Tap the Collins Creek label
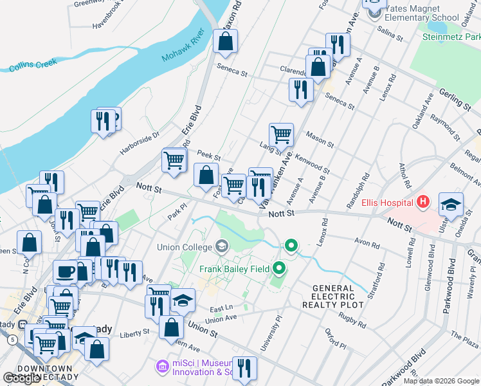click(x=33, y=65)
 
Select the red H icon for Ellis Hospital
click(x=422, y=202)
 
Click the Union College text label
click(x=184, y=247)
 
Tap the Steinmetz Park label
click(x=451, y=37)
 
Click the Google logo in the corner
click(x=22, y=378)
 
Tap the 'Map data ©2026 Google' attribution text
click(x=441, y=381)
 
